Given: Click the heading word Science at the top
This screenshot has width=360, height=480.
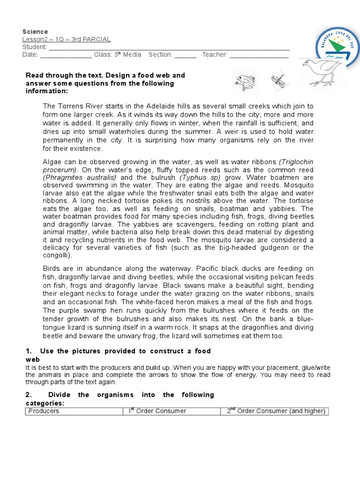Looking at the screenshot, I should (35, 31).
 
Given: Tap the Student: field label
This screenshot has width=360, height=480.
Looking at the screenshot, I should (35, 47).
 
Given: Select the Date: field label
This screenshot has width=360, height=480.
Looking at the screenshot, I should (30, 55).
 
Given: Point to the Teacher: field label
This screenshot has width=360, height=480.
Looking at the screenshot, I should (215, 55).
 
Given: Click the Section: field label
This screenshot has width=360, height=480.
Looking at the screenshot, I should (160, 55).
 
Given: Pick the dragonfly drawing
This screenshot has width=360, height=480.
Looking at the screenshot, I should (277, 81).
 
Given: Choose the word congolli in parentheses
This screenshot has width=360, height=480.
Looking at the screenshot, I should (57, 255).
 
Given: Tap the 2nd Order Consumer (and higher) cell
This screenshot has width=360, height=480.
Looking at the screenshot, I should (275, 411).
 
